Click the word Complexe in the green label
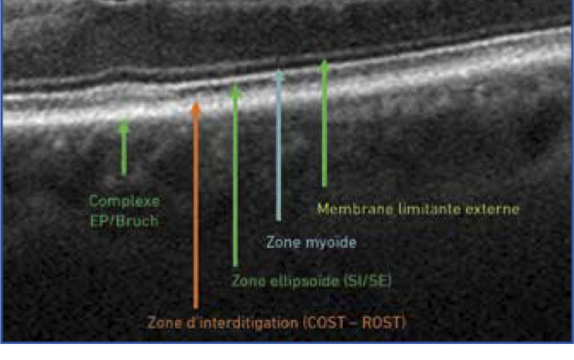pos(124,202)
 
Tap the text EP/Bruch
pos(124,221)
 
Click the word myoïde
pos(331,243)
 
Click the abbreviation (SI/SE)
pos(368,281)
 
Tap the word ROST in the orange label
pos(384,323)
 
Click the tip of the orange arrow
pos(196,102)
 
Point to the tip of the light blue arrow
pos(279,69)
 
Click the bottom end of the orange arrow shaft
pos(196,307)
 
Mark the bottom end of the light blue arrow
pos(279,220)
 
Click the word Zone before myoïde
pos(284,243)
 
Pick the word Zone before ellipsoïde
pos(249,281)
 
